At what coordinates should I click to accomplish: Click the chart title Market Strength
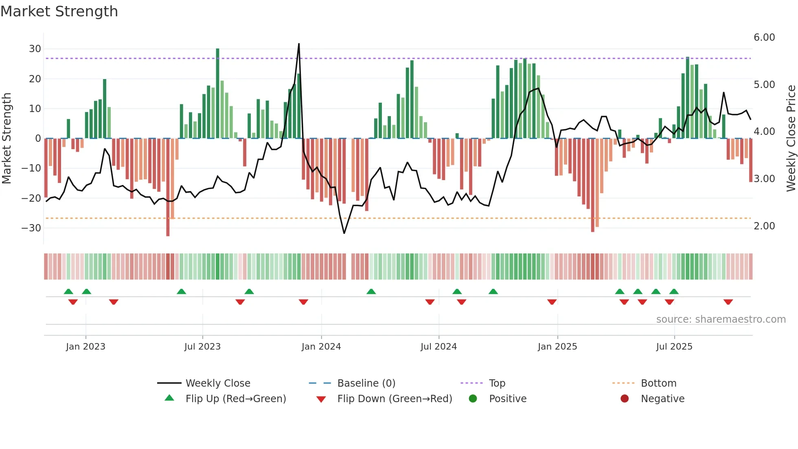[x=59, y=11]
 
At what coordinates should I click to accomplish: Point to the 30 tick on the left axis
[x=35, y=49]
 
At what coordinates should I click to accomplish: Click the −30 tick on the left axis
[x=32, y=228]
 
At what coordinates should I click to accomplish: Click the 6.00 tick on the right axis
[x=764, y=37]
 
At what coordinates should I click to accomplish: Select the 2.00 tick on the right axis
[x=764, y=226]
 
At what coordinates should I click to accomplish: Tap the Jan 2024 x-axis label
[x=321, y=347]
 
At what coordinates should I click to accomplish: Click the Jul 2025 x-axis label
[x=674, y=347]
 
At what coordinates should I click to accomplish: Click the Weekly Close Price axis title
[x=791, y=139]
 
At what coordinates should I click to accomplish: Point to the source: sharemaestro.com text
[x=721, y=319]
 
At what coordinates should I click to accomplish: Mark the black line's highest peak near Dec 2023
[x=299, y=44]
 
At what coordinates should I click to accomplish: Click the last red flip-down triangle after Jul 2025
[x=728, y=302]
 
